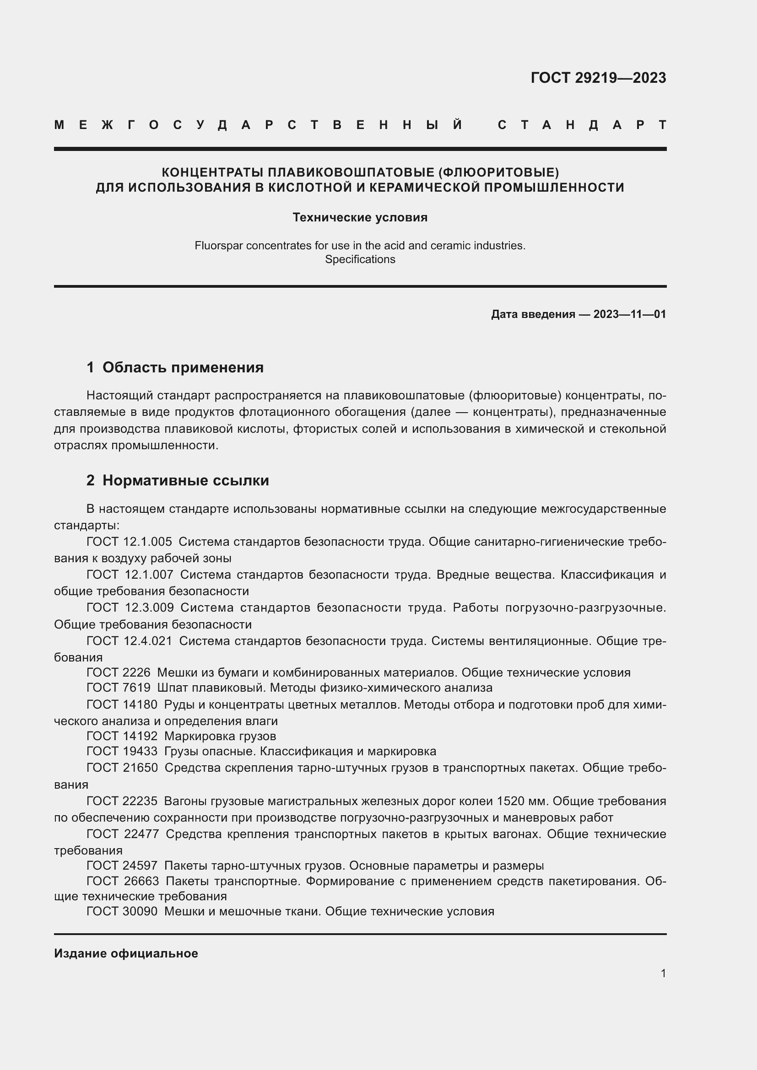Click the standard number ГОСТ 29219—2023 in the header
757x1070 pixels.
point(598,78)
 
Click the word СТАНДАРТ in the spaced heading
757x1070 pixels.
point(582,125)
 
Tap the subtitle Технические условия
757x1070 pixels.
point(360,218)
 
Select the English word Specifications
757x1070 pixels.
point(360,259)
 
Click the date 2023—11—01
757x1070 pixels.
point(629,314)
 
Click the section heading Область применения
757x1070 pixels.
point(183,367)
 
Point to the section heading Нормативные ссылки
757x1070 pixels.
point(185,480)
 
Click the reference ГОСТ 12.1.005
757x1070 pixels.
point(129,542)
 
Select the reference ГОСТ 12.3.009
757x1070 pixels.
point(130,608)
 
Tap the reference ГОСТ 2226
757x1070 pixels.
point(119,672)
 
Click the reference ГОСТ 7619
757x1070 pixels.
point(119,688)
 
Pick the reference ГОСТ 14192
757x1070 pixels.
point(122,736)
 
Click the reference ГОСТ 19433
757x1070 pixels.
point(122,751)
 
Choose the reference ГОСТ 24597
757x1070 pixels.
point(122,866)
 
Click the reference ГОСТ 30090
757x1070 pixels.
point(122,911)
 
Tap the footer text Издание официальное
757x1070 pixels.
point(126,953)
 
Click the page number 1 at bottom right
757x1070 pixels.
point(663,973)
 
